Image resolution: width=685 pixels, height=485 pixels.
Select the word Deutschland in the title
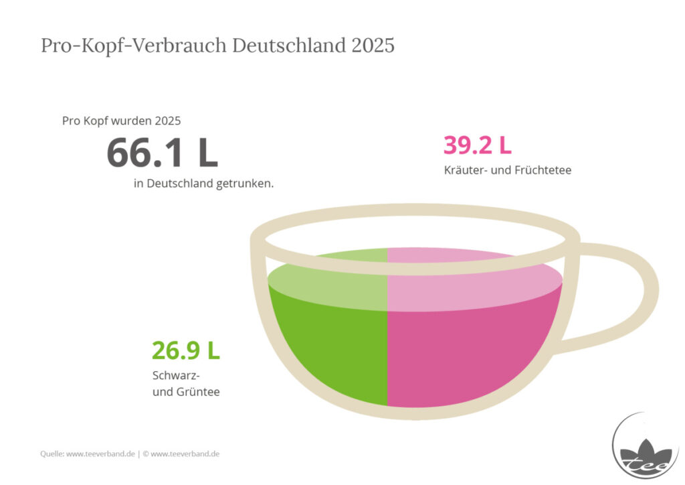(x=289, y=46)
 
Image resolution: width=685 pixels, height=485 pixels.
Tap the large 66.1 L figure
(x=162, y=153)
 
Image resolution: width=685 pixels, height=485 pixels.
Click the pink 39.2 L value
(x=478, y=145)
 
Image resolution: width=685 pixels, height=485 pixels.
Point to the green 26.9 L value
(x=186, y=351)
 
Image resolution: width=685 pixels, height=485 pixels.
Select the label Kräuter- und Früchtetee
(x=508, y=169)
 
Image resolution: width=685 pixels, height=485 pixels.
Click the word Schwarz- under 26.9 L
(x=176, y=376)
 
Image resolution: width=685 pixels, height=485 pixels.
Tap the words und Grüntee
(x=186, y=391)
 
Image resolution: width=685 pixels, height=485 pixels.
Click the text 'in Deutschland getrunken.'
(x=203, y=184)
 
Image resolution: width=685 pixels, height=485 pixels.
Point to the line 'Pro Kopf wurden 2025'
(x=122, y=121)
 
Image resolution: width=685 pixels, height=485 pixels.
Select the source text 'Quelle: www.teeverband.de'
(x=88, y=454)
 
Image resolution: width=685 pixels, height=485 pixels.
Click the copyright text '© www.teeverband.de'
(x=181, y=454)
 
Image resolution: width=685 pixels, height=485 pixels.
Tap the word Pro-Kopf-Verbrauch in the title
(x=134, y=46)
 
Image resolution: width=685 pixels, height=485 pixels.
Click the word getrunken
(x=245, y=184)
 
